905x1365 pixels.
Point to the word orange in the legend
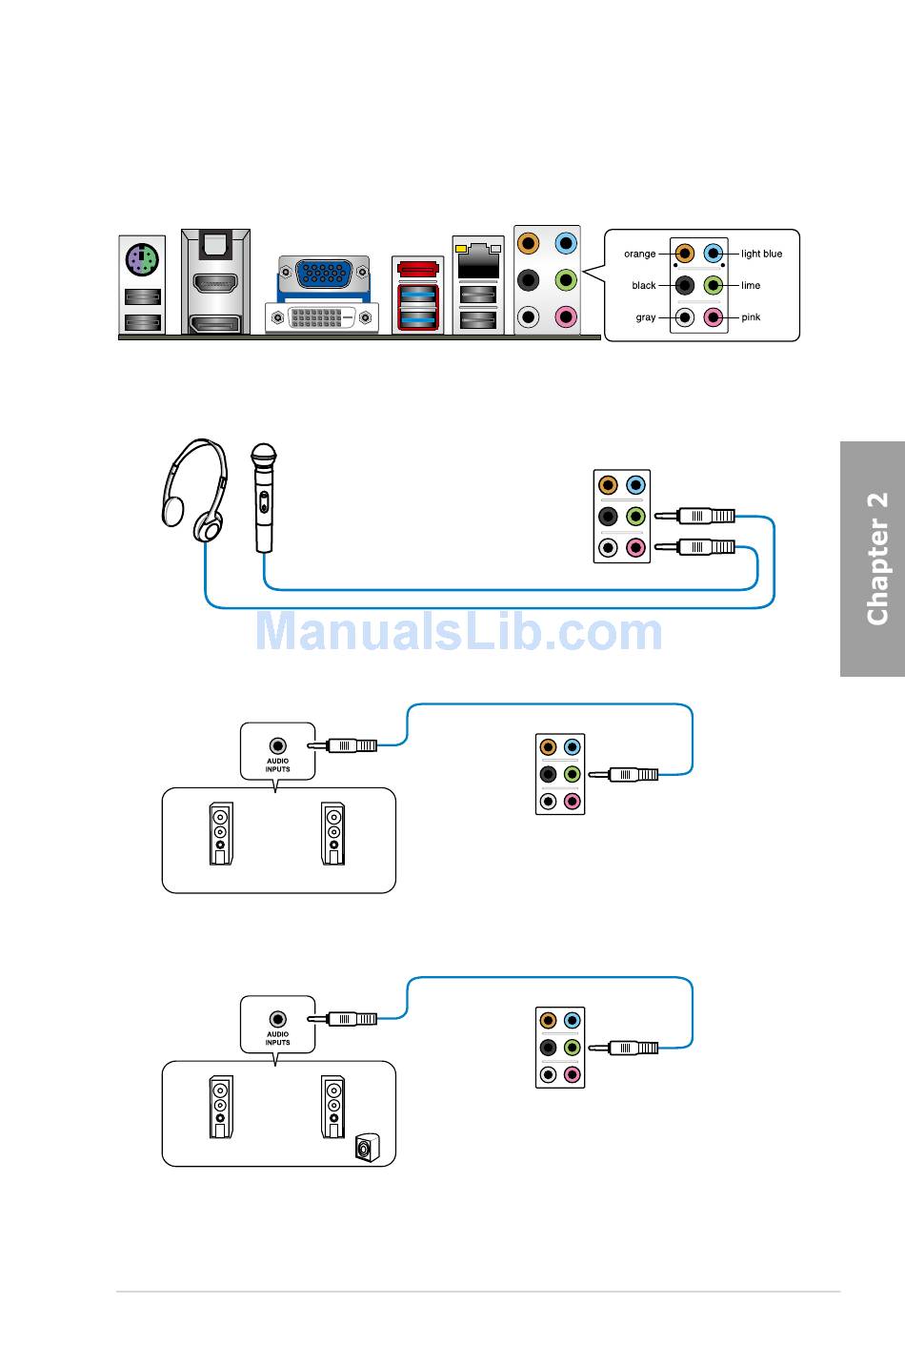pyautogui.click(x=639, y=254)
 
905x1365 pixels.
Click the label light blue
pyautogui.click(x=761, y=254)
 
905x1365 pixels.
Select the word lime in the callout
pyautogui.click(x=751, y=285)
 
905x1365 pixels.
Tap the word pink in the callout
pyautogui.click(x=751, y=317)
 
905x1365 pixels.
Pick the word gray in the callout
pyautogui.click(x=645, y=317)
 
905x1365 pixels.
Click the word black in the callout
pyautogui.click(x=643, y=285)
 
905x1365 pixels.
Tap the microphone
pyautogui.click(x=263, y=496)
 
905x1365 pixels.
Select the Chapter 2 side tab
pyautogui.click(x=874, y=559)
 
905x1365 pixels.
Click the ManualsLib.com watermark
pyautogui.click(x=458, y=632)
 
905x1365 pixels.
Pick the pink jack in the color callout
pyautogui.click(x=714, y=317)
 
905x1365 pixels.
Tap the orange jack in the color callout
pyautogui.click(x=684, y=254)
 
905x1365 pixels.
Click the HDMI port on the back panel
pyautogui.click(x=215, y=284)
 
